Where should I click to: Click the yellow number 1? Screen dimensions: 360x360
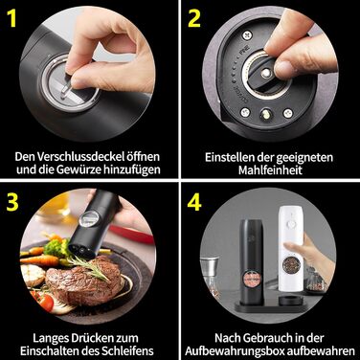coord(11,18)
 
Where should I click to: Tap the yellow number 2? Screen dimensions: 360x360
coord(194,18)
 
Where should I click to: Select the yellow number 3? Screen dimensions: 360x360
coord(12,201)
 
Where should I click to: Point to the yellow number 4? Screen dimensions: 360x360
coord(194,201)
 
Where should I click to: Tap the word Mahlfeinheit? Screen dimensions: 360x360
coord(270,169)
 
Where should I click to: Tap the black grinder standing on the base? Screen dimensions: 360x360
coord(252,261)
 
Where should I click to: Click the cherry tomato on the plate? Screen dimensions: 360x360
coord(45,302)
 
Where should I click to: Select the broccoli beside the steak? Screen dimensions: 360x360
coord(55,247)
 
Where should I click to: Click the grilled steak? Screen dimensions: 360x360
coord(83,281)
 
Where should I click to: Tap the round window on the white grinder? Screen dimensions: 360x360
coord(291,264)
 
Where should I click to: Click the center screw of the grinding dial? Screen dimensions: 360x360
coord(265,74)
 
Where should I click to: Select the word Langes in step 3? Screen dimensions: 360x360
coord(50,338)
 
